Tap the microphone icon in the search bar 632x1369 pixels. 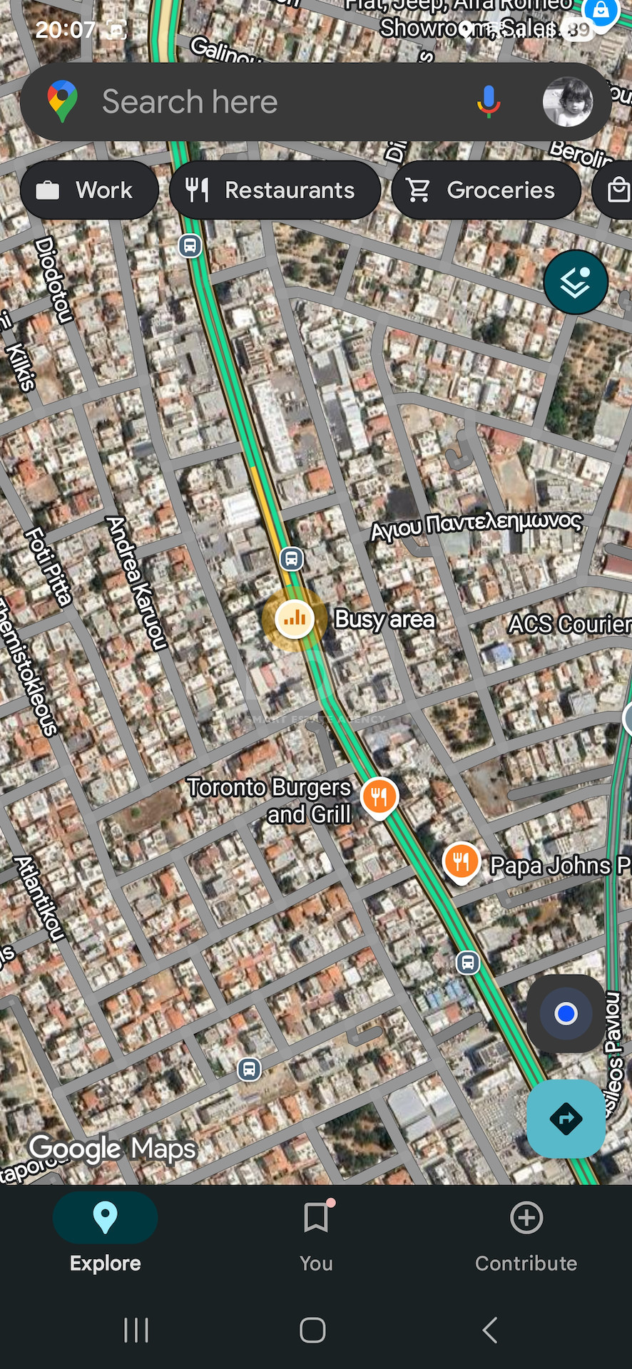(x=489, y=101)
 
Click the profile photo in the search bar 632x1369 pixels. (x=567, y=102)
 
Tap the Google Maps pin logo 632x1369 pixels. (x=63, y=101)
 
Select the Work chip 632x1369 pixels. (x=89, y=190)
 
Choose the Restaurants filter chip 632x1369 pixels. (x=275, y=190)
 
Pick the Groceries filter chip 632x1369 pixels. (x=486, y=190)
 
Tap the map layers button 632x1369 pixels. (x=575, y=282)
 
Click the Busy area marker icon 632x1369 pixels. (x=295, y=618)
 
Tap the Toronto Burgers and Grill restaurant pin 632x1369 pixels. (x=379, y=796)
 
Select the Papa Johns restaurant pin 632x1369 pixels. (x=462, y=861)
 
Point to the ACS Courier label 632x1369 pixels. (x=569, y=624)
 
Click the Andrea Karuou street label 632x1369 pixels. (x=136, y=583)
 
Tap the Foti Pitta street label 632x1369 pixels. (x=49, y=567)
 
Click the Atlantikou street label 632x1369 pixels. (x=40, y=898)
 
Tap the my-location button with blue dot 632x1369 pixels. (x=566, y=1013)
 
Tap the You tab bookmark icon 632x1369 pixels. (x=315, y=1218)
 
